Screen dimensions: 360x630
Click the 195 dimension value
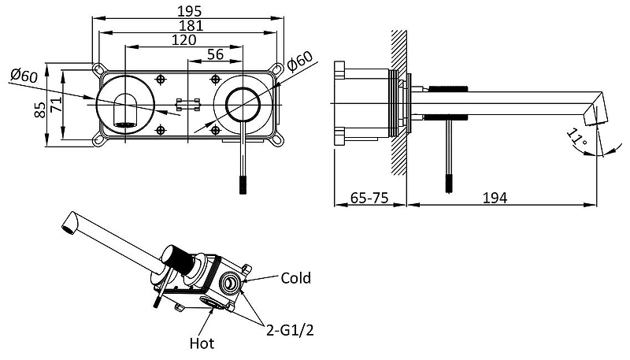pos(189,10)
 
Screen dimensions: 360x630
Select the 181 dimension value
pos(189,25)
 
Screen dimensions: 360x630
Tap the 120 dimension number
pos(183,40)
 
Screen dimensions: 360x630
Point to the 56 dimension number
pos(213,55)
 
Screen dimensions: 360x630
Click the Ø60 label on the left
pos(24,76)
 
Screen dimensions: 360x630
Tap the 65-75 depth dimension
pos(369,197)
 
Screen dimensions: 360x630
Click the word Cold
pos(295,278)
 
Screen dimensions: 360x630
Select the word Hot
pos(201,343)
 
